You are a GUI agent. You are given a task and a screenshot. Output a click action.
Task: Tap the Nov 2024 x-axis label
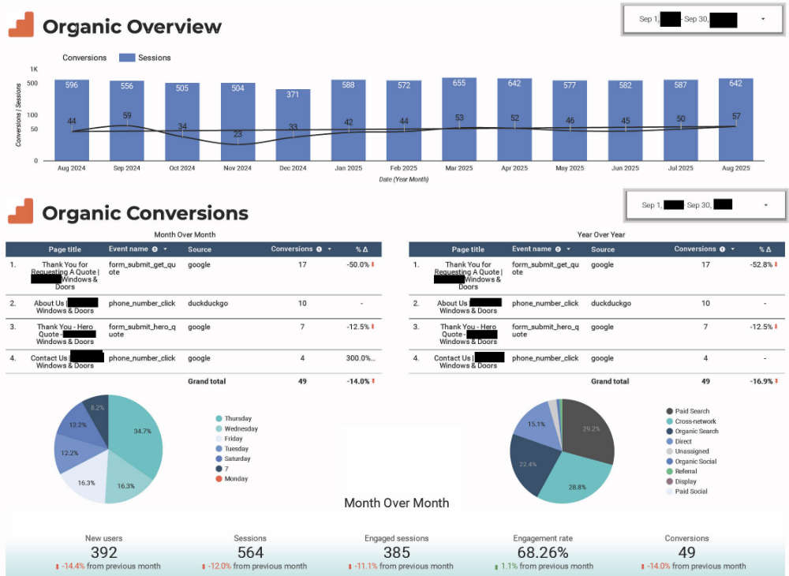(237, 168)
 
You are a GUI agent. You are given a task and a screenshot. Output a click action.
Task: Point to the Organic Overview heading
(132, 27)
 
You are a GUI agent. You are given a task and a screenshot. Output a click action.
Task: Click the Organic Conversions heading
(144, 213)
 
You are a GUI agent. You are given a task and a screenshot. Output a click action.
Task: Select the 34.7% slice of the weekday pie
(138, 434)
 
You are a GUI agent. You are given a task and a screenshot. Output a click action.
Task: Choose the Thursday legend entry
(237, 419)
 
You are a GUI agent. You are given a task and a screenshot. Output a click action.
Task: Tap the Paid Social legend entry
(690, 492)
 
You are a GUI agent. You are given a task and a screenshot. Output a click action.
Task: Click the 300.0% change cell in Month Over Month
(359, 358)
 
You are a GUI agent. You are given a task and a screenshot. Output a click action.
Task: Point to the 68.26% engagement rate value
(543, 553)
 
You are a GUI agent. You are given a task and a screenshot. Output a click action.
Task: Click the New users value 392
(104, 553)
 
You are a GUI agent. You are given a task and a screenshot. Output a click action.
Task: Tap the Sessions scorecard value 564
(250, 553)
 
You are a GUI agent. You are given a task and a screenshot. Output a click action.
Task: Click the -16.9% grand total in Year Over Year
(761, 382)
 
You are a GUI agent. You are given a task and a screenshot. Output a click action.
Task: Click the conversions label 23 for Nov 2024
(237, 134)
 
